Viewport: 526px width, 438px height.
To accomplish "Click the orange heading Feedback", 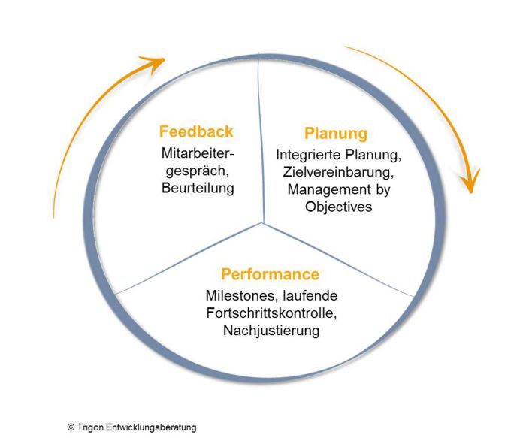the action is [196, 131].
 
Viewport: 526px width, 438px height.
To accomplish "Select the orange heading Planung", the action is [336, 134].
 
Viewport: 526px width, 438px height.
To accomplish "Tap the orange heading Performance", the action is [270, 274].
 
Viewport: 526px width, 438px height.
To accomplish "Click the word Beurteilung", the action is [198, 188].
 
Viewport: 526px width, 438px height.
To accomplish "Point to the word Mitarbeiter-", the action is [198, 153].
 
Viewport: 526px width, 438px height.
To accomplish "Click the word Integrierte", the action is [309, 155].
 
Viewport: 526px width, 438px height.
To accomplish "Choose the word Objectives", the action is [338, 207].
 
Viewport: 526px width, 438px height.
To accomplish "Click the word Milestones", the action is [242, 296].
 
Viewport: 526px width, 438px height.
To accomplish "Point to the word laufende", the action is [310, 296].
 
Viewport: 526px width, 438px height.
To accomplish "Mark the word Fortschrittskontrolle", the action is [271, 313].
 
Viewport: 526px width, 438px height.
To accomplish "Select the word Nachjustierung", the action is [271, 331].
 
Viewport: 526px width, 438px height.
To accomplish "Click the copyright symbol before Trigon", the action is [71, 427].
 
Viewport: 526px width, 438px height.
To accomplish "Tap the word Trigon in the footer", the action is [91, 427].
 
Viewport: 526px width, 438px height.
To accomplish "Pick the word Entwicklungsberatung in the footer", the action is [151, 427].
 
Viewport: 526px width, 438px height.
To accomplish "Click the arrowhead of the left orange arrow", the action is [155, 64].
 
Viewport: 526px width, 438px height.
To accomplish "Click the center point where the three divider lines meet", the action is [263, 223].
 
